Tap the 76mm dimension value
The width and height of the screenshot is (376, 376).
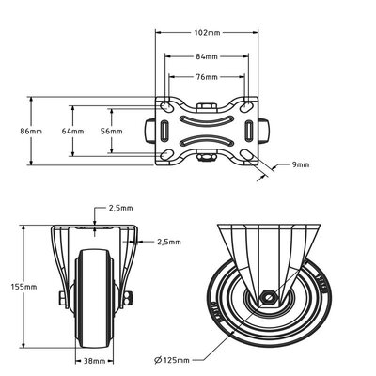(208, 77)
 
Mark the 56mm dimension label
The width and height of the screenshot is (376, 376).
(110, 131)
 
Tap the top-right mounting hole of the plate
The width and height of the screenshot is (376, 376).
(248, 105)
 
